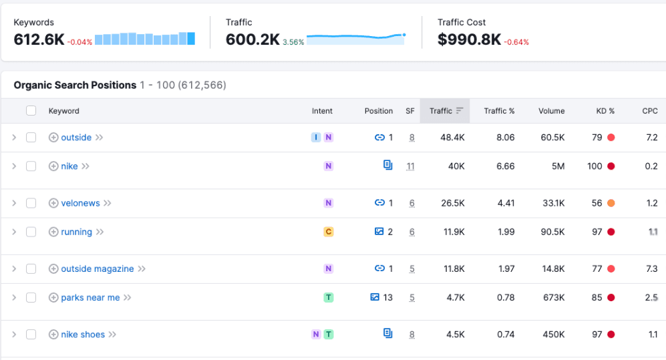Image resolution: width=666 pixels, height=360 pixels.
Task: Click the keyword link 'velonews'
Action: coord(80,203)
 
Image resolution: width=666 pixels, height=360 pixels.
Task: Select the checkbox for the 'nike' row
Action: coord(31,166)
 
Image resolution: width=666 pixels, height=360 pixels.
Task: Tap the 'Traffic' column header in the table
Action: coord(441,111)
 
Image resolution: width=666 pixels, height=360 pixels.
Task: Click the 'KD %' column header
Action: coord(605,111)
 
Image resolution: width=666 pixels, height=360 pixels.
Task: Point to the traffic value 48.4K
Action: coord(452,138)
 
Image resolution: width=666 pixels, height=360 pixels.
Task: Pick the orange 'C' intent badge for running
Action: coord(328,232)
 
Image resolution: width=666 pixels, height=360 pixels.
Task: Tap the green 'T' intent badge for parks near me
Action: coord(328,297)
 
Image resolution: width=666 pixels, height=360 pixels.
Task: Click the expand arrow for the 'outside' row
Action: coord(13,138)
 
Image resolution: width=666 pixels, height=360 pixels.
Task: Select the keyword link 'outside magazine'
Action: coord(97,268)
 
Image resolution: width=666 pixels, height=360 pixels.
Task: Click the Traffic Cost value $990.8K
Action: coord(469,39)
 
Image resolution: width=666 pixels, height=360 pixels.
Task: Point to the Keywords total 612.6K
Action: coord(39,39)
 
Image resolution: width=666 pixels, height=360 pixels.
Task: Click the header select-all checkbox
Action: coord(31,111)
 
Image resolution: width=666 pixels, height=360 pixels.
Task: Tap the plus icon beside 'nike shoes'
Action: coord(53,334)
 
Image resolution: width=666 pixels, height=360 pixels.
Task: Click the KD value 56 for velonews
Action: coord(597,203)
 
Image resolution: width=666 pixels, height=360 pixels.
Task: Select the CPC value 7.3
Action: coord(652,268)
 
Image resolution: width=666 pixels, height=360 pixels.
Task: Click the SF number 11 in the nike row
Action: coord(410,166)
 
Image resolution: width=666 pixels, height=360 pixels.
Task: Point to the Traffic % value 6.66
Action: coord(506,166)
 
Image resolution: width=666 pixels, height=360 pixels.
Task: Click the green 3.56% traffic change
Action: coord(293,42)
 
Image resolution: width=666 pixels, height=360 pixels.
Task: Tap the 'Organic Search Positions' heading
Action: coord(75,85)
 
